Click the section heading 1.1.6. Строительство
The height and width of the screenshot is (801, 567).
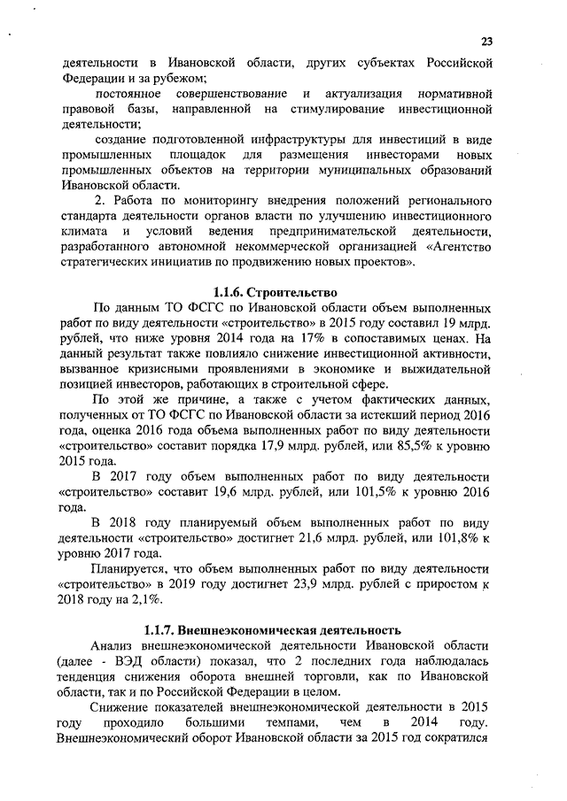(276, 291)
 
